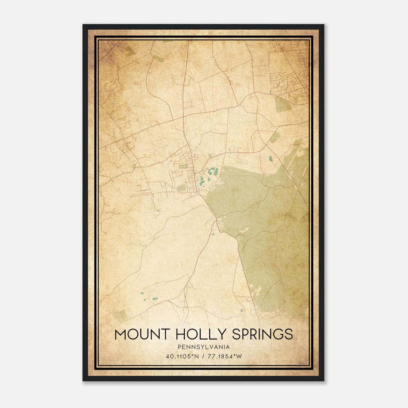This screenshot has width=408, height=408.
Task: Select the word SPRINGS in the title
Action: pos(263,334)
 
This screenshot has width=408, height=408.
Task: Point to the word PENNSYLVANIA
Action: pos(204,347)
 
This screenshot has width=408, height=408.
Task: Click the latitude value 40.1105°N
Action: pos(182,356)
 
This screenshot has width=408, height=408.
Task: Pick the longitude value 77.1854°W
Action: pos(225,356)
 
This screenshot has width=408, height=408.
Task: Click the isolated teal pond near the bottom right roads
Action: pos(241,311)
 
